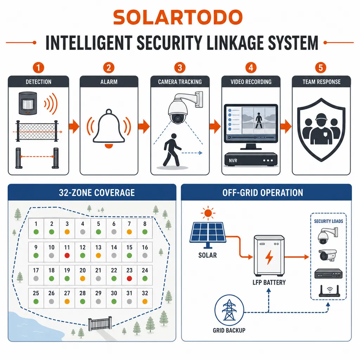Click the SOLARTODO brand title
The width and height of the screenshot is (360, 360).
[x=178, y=18]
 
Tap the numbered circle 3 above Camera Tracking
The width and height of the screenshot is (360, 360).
[x=180, y=68]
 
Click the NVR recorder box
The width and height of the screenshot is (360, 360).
[x=251, y=159]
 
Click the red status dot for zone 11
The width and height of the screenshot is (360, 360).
[x=67, y=256]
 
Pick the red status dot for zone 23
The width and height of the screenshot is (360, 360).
[x=129, y=278]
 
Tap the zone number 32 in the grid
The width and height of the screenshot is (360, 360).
[x=145, y=293]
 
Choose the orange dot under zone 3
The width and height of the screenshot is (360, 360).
[x=67, y=232]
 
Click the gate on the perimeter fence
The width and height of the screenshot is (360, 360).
[x=100, y=323]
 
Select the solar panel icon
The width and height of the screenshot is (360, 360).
[x=208, y=234]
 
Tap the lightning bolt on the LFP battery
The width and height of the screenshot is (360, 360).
[x=269, y=257]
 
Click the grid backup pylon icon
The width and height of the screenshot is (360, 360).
[x=229, y=310]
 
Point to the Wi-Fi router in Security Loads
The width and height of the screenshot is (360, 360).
[x=329, y=291]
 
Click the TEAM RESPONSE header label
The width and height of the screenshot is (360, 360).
[x=321, y=82]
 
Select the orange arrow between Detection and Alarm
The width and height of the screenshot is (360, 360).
[x=74, y=126]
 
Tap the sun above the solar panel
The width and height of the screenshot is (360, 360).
[x=208, y=213]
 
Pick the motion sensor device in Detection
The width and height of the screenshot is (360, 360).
[x=27, y=103]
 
